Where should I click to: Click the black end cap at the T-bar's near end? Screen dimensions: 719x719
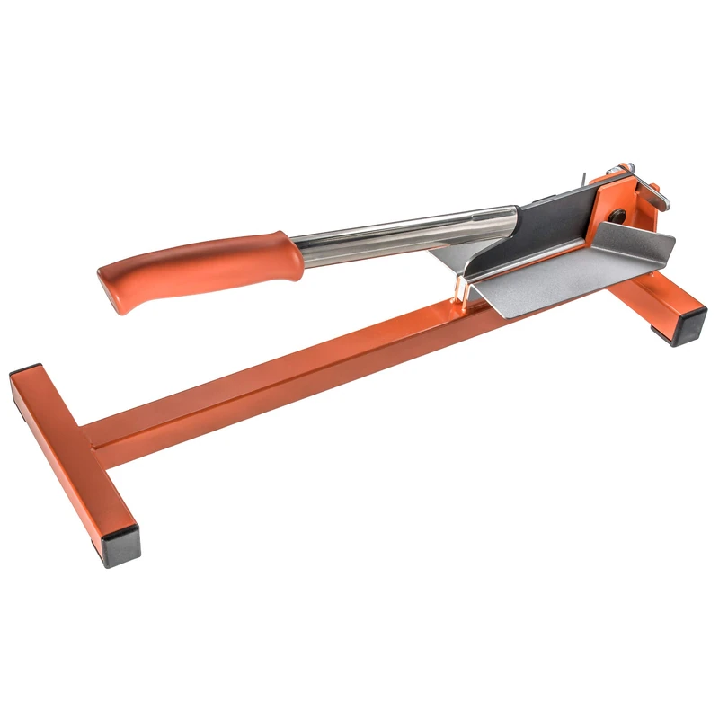(120, 547)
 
